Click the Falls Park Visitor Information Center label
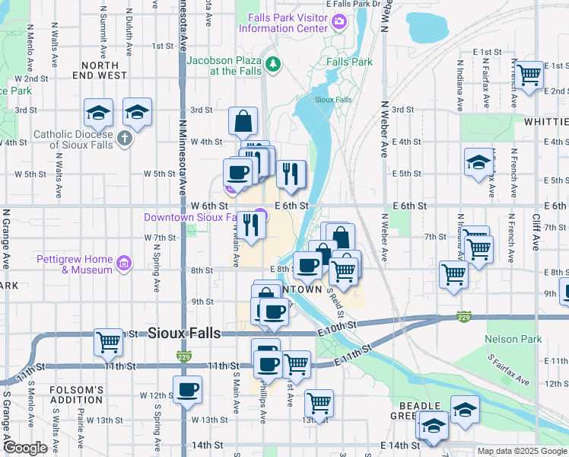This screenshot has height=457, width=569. tap(283, 24)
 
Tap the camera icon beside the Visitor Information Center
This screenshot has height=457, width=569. tap(339, 24)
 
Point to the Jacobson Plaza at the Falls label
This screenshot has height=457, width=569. tap(224, 66)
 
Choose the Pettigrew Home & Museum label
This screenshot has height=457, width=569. tap(75, 264)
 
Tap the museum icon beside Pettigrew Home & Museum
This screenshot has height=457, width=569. tap(124, 265)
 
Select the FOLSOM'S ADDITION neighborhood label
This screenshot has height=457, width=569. tap(76, 395)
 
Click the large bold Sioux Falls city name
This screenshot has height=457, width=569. tap(184, 333)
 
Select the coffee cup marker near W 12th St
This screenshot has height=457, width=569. tap(187, 389)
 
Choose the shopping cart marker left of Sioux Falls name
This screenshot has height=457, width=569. tap(109, 342)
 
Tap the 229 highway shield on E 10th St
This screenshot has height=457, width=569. tap(463, 316)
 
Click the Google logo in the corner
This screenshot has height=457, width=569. tap(25, 449)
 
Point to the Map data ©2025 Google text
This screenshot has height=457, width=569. tap(522, 451)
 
